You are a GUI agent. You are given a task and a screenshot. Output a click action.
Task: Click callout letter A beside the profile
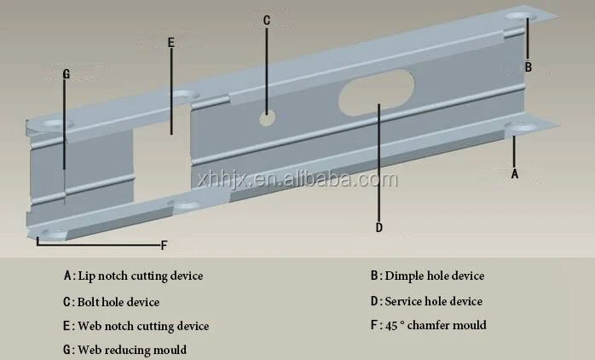pyautogui.click(x=514, y=173)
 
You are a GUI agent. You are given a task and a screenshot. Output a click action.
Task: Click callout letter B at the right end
pyautogui.click(x=528, y=67)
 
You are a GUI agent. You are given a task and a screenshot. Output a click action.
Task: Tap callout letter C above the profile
pyautogui.click(x=266, y=20)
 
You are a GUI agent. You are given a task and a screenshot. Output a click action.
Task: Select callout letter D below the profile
pyautogui.click(x=379, y=227)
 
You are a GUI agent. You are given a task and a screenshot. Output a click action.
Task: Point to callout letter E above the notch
pyautogui.click(x=170, y=42)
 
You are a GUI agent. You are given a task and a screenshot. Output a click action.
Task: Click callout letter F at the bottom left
pyautogui.click(x=164, y=246)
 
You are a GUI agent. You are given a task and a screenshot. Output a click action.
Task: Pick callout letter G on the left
pyautogui.click(x=66, y=73)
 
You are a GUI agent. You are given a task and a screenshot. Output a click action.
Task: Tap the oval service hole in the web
pyautogui.click(x=376, y=93)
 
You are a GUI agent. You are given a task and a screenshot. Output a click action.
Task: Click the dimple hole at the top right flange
pyautogui.click(x=520, y=16)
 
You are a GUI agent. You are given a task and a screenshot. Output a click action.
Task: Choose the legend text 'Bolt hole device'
pyautogui.click(x=118, y=302)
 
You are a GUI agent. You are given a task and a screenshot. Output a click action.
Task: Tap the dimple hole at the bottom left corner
pyautogui.click(x=50, y=232)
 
